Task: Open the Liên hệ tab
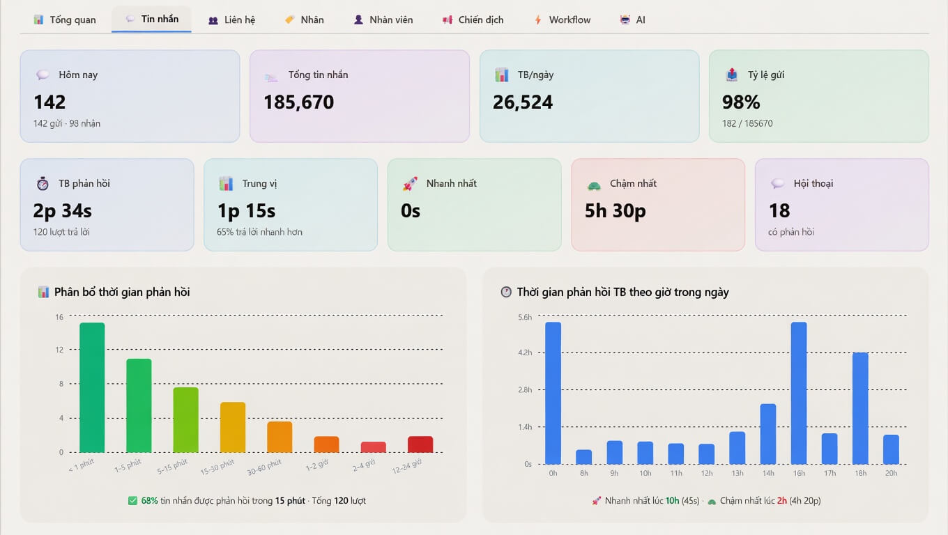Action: point(232,20)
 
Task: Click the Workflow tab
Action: point(563,20)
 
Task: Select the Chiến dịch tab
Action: point(473,20)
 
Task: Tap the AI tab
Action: point(633,20)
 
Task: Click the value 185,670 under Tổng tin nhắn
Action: point(299,102)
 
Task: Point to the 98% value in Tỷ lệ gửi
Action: point(741,102)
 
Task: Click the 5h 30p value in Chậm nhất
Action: point(616,210)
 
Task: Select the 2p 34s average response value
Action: point(62,210)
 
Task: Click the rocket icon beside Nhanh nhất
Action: point(410,183)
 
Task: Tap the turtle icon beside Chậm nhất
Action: point(594,185)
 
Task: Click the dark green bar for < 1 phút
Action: point(92,387)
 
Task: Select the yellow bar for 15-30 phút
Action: point(233,427)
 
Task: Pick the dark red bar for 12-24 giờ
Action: point(420,444)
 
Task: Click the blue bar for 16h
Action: point(799,393)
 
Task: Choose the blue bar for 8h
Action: point(583,457)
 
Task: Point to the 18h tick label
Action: point(860,473)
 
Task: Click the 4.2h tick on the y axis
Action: point(525,352)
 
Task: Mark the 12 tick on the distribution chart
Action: point(59,350)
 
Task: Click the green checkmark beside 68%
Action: point(132,501)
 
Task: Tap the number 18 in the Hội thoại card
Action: point(779,210)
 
